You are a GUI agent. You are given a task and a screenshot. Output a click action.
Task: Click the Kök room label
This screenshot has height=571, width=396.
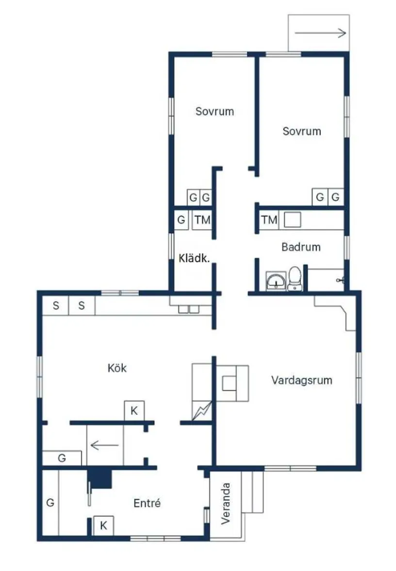click(x=117, y=368)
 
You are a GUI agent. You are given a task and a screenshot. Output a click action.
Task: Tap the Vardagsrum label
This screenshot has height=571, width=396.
click(x=301, y=380)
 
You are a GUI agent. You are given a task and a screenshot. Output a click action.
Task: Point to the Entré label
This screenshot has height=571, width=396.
click(x=147, y=503)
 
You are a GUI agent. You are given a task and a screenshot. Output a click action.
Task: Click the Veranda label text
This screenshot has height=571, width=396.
click(x=225, y=504)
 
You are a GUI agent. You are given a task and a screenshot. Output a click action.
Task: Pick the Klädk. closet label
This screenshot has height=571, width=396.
click(x=194, y=258)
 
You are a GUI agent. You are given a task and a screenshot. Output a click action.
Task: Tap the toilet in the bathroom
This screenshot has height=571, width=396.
click(x=295, y=279)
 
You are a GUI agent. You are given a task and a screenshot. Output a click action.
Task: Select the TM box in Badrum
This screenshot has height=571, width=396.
click(x=269, y=220)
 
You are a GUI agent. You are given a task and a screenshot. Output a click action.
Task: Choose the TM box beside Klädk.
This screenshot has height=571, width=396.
click(x=202, y=220)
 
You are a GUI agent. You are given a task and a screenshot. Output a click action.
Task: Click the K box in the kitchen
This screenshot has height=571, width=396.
click(x=134, y=411)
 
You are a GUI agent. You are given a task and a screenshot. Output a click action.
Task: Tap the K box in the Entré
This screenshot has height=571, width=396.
click(x=103, y=525)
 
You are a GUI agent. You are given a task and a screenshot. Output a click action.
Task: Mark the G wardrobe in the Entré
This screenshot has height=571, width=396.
click(x=50, y=503)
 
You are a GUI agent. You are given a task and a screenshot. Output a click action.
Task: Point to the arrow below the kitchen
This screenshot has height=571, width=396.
click(x=105, y=444)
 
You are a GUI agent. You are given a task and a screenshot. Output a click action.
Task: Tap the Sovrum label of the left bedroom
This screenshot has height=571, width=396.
click(x=214, y=111)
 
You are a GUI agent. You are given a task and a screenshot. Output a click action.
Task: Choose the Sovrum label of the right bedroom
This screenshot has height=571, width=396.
click(x=302, y=131)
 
